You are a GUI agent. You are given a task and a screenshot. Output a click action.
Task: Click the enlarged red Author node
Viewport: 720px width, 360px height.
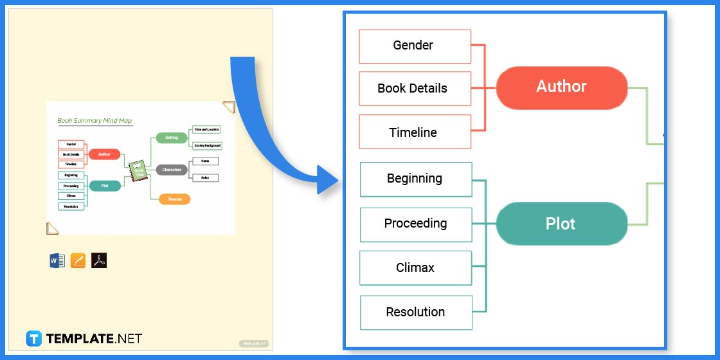(x=561, y=87)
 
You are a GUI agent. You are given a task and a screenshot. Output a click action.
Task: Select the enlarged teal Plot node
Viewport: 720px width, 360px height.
(x=561, y=224)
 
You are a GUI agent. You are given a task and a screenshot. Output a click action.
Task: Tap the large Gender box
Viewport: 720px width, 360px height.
(x=415, y=46)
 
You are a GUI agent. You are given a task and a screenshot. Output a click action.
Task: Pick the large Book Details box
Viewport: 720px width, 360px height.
(x=415, y=89)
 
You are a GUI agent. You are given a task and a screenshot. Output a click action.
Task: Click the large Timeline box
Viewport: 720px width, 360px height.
(x=415, y=132)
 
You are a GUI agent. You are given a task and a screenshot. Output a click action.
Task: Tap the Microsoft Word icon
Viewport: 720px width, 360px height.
(x=57, y=260)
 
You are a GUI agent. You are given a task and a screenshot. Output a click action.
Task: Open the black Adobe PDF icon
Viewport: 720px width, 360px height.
(x=99, y=260)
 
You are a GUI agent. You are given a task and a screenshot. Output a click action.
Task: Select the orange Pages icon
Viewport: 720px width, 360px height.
(x=78, y=260)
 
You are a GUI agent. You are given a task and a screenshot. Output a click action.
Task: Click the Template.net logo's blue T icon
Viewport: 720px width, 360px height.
(x=34, y=339)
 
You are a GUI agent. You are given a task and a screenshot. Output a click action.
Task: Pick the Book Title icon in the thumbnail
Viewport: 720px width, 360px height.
(x=138, y=171)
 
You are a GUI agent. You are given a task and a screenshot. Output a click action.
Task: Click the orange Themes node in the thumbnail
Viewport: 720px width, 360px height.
(x=174, y=199)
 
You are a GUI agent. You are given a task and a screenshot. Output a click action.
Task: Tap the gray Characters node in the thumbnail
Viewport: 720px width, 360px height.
(x=172, y=170)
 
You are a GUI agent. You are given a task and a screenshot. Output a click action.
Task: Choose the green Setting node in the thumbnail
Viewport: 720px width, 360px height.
(x=172, y=138)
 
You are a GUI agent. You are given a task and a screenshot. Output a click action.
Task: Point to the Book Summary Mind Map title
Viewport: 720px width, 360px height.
(x=94, y=120)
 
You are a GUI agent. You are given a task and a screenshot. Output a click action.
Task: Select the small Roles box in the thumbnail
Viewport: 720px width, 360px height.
(x=205, y=177)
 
